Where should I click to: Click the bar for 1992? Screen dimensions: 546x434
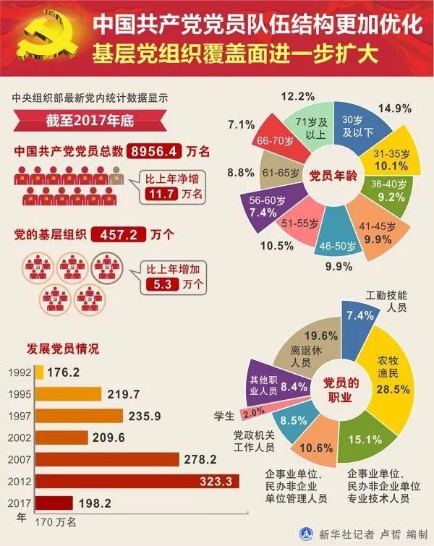(39, 372)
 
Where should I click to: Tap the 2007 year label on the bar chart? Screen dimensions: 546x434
(20, 458)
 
